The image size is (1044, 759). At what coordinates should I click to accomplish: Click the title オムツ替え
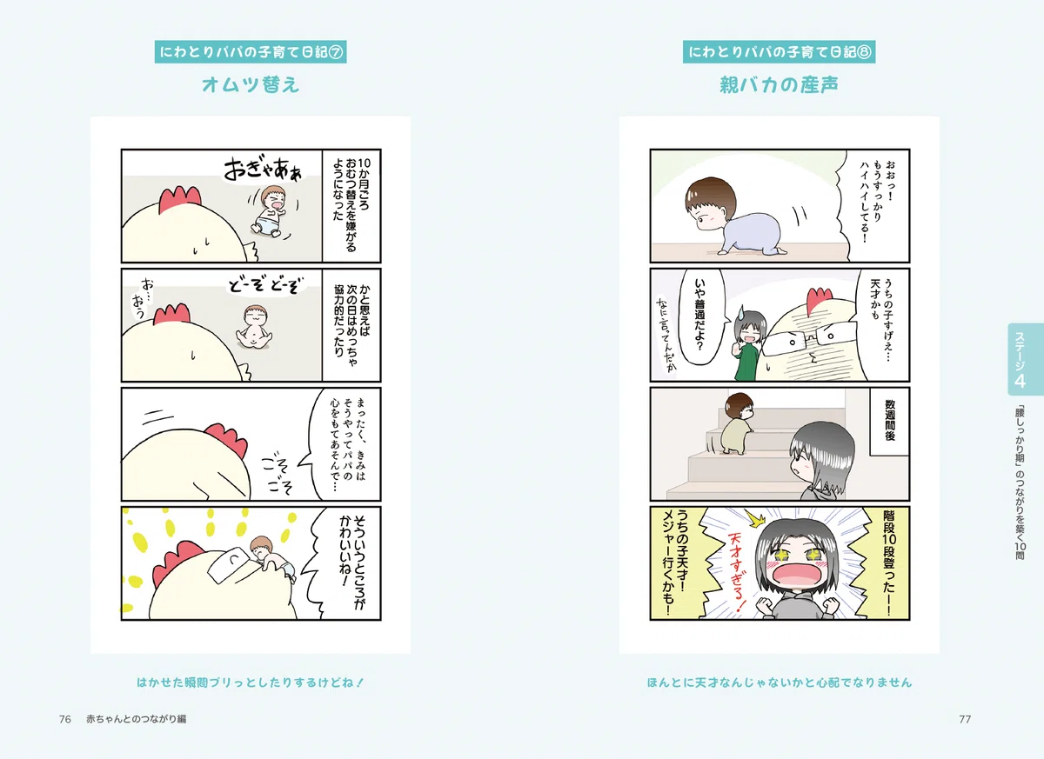[251, 84]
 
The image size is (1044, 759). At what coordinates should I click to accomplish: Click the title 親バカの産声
[779, 84]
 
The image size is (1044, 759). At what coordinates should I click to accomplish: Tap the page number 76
[64, 719]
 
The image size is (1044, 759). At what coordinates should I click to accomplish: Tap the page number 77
[965, 719]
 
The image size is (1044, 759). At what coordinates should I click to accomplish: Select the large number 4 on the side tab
[1020, 381]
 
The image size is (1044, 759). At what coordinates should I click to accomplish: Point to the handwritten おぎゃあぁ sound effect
[264, 169]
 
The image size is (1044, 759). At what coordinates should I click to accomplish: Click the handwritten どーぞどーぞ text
[264, 285]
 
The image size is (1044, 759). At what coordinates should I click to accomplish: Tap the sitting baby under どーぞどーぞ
[254, 327]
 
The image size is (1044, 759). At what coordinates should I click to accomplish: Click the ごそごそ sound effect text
[278, 474]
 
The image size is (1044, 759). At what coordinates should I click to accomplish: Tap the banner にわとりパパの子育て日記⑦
[251, 51]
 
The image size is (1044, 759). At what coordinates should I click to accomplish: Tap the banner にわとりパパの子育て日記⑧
[779, 51]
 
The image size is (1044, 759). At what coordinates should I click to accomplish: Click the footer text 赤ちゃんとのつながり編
[136, 719]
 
